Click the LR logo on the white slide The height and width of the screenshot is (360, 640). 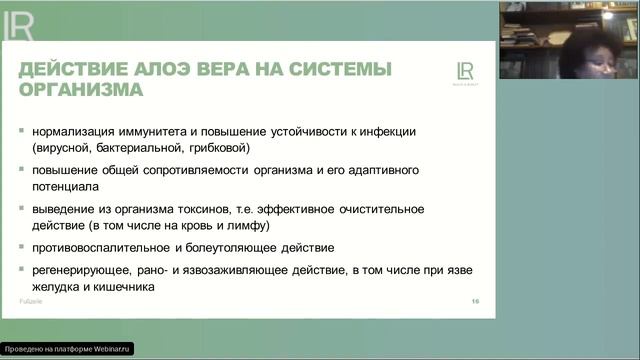tap(464, 72)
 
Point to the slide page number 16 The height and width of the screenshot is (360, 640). tap(475, 301)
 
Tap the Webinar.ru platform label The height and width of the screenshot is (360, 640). tap(67, 350)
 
